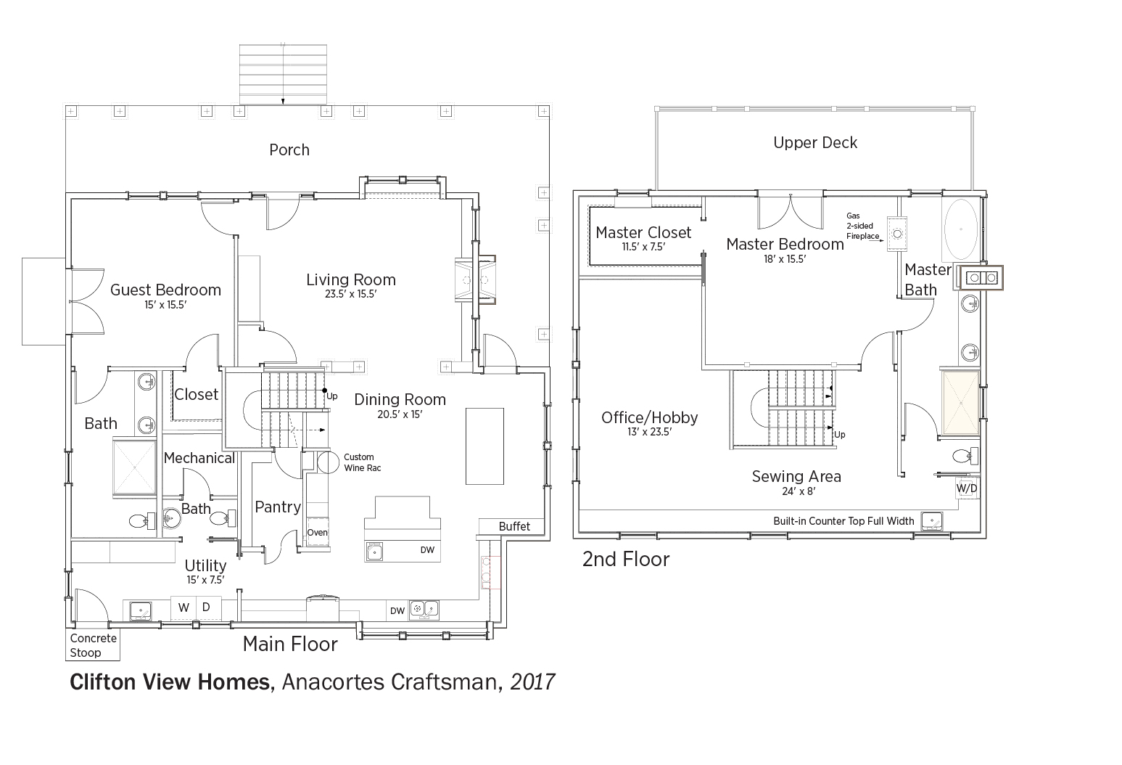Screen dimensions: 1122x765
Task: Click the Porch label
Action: [289, 150]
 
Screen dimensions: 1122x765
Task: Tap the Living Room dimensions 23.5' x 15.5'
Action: [350, 294]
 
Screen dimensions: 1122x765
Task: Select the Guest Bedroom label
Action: [165, 290]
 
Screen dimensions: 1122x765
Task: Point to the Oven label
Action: [318, 533]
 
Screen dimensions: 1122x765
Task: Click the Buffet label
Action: [514, 526]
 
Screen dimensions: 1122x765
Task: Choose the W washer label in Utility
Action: [183, 607]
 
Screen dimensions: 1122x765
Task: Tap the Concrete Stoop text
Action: [93, 645]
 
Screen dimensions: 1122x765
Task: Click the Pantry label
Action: [278, 507]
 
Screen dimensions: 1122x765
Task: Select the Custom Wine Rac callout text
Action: [362, 462]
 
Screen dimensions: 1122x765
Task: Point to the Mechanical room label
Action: [199, 458]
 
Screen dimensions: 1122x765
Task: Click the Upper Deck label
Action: [815, 143]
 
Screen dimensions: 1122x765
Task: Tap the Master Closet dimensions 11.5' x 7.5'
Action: [643, 247]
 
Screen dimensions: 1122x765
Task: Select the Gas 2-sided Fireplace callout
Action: [862, 226]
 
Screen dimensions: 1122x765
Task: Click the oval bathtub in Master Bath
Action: [961, 229]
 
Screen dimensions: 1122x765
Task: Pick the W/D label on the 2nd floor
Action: [967, 488]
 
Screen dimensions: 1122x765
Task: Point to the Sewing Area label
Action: [796, 476]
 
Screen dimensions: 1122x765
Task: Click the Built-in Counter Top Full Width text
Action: [843, 521]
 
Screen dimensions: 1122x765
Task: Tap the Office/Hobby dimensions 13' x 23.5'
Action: [650, 432]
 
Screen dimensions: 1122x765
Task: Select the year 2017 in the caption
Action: [532, 682]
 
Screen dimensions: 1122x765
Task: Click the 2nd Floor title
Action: [626, 560]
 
